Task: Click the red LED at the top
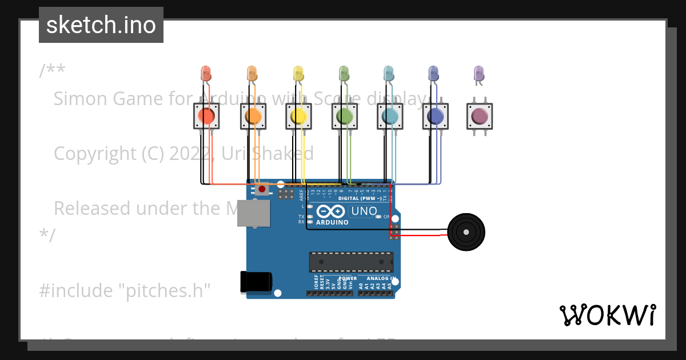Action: coord(206,73)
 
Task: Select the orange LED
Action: coord(252,73)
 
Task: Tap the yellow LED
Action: coord(298,73)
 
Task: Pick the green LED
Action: coord(344,73)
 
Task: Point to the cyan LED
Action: coord(389,73)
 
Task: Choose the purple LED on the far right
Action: coord(479,73)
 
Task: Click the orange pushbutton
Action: coord(253,117)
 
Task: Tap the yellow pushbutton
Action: coord(298,117)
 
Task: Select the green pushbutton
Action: coord(344,117)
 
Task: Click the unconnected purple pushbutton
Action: coord(480,117)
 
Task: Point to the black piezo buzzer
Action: coord(466,232)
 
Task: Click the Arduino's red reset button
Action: coord(262,189)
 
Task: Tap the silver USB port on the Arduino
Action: coord(253,213)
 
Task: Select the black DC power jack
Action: coord(256,282)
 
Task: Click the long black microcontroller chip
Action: coord(351,262)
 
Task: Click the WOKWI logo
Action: coord(607,315)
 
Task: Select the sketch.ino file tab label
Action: coord(101,25)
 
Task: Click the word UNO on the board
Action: coord(364,211)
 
